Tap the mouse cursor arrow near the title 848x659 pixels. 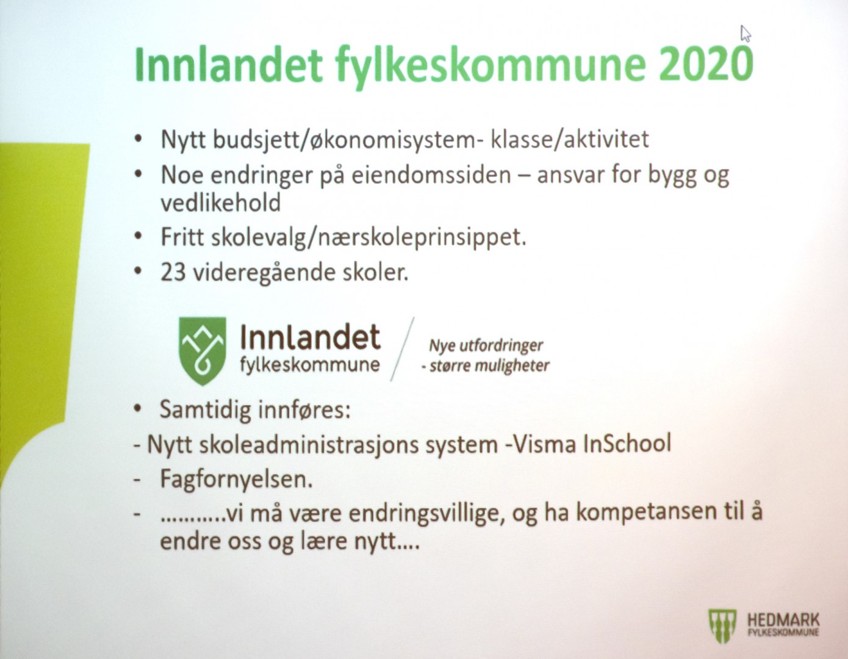[746, 34]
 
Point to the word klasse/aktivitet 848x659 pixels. [570, 140]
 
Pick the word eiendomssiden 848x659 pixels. [431, 175]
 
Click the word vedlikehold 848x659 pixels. [220, 203]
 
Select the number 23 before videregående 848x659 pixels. [173, 273]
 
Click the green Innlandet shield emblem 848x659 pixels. [202, 351]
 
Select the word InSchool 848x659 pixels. [627, 444]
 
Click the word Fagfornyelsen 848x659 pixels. [237, 480]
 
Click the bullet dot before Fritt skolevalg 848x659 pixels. [137, 236]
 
